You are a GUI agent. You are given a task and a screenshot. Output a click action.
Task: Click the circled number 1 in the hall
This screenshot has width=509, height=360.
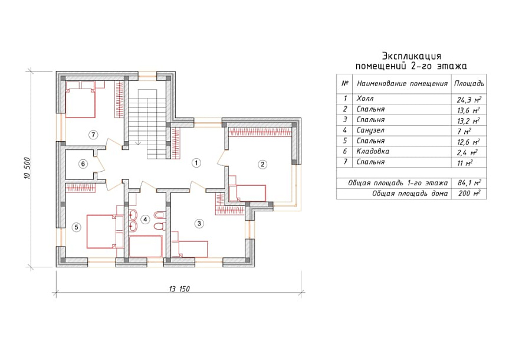tap(196, 162)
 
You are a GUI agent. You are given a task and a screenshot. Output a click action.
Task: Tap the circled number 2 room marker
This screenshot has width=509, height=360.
tap(262, 165)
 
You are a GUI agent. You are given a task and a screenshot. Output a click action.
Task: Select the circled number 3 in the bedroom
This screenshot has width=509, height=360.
tap(199, 223)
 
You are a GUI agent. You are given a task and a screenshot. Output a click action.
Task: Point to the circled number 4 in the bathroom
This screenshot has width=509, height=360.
tap(145, 220)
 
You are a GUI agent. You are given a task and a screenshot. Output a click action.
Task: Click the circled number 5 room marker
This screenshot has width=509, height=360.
tap(76, 227)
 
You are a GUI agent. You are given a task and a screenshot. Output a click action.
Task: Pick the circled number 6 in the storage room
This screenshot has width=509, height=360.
tap(83, 164)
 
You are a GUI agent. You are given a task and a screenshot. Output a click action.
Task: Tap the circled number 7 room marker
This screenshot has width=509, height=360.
tap(93, 135)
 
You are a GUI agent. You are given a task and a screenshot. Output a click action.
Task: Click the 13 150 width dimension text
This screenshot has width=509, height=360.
tap(179, 289)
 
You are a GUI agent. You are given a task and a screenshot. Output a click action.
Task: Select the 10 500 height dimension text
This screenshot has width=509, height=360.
tap(27, 168)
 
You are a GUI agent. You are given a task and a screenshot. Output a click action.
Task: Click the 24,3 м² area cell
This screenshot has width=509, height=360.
tap(469, 99)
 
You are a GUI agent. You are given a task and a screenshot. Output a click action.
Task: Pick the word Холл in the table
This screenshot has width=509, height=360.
tap(365, 99)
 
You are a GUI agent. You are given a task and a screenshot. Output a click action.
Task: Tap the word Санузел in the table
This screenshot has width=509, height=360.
tap(370, 130)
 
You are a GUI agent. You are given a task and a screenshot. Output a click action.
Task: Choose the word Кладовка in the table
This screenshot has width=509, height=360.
tap(373, 152)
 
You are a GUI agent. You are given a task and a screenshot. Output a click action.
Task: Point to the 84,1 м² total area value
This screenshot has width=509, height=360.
tap(469, 183)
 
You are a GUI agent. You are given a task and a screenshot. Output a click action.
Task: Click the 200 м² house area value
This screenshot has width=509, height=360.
tap(469, 194)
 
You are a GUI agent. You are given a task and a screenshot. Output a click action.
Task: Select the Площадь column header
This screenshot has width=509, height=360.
tap(469, 83)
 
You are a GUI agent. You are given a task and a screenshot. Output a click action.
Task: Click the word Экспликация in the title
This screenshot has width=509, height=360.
tap(411, 56)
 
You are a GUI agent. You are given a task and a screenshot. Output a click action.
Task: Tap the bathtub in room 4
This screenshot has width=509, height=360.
tap(146, 246)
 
